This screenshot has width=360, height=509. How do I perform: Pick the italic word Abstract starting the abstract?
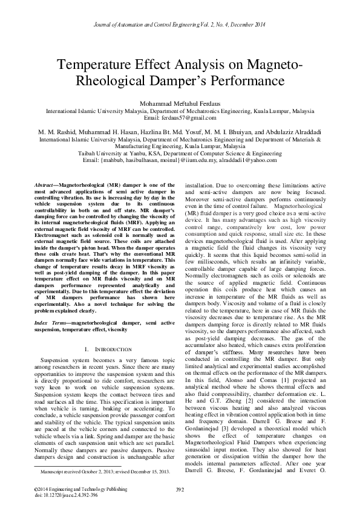[44, 183]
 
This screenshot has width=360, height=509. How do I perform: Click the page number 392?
[180, 488]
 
